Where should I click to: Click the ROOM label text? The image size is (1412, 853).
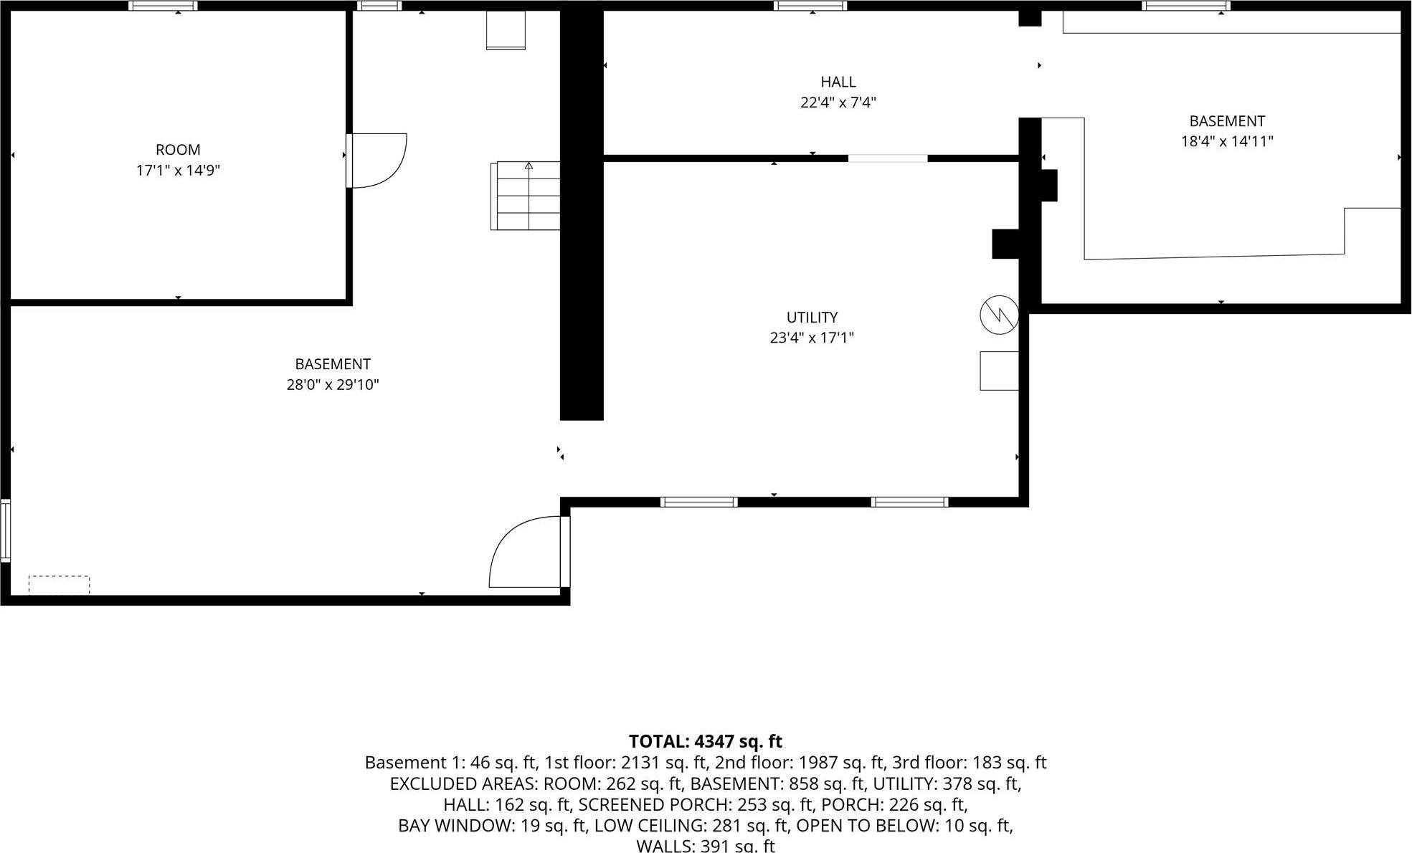pyautogui.click(x=178, y=150)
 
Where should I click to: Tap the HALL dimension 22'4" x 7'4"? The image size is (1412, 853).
pyautogui.click(x=838, y=103)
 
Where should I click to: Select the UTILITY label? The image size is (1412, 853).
pyautogui.click(x=812, y=317)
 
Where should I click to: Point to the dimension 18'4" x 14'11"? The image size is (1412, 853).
pyautogui.click(x=1226, y=141)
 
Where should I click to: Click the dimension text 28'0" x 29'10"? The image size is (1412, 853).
pyautogui.click(x=332, y=385)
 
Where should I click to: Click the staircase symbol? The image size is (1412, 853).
pyautogui.click(x=528, y=196)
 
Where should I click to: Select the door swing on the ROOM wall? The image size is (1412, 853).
pyautogui.click(x=379, y=161)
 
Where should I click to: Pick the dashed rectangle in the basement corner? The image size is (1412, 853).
pyautogui.click(x=59, y=585)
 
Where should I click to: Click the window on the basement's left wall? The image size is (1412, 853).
pyautogui.click(x=5, y=530)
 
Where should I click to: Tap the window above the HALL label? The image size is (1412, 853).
pyautogui.click(x=810, y=6)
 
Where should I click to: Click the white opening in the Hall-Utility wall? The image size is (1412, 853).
pyautogui.click(x=888, y=158)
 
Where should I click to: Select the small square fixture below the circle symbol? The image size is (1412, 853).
pyautogui.click(x=999, y=371)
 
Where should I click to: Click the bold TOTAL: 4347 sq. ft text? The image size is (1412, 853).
pyautogui.click(x=705, y=741)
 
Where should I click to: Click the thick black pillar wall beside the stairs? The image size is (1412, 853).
pyautogui.click(x=581, y=215)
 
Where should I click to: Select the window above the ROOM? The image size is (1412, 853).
pyautogui.click(x=164, y=6)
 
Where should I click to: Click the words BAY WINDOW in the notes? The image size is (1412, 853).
pyautogui.click(x=455, y=825)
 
